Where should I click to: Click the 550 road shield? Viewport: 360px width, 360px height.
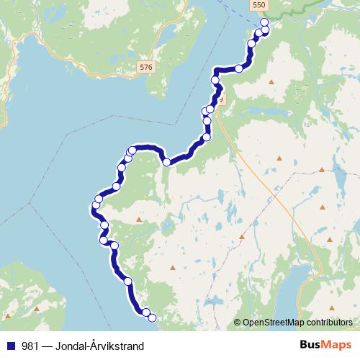258,4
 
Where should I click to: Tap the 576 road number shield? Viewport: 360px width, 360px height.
147,67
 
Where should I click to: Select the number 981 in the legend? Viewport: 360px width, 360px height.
30,346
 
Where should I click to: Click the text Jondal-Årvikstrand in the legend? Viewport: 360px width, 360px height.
101,346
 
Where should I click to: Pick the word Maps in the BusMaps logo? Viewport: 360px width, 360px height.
336,346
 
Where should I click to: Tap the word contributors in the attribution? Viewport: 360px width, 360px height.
330,323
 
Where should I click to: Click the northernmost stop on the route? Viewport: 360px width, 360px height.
264,22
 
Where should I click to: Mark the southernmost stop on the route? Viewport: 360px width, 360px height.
152,315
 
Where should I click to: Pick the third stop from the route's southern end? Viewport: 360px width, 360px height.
127,282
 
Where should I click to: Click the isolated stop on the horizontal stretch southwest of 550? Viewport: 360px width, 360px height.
238,68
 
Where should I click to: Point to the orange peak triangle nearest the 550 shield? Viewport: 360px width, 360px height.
271,82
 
